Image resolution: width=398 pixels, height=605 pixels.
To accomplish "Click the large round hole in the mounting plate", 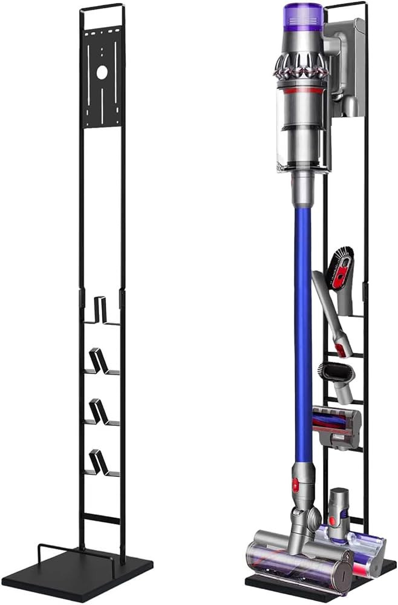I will pyautogui.click(x=102, y=72).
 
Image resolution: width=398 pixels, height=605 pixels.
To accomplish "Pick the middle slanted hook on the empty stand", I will pyautogui.click(x=100, y=412).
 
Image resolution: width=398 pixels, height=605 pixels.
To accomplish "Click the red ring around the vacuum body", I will pyautogui.click(x=301, y=91).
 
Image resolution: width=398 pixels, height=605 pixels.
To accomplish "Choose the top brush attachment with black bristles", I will pyautogui.click(x=342, y=266).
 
